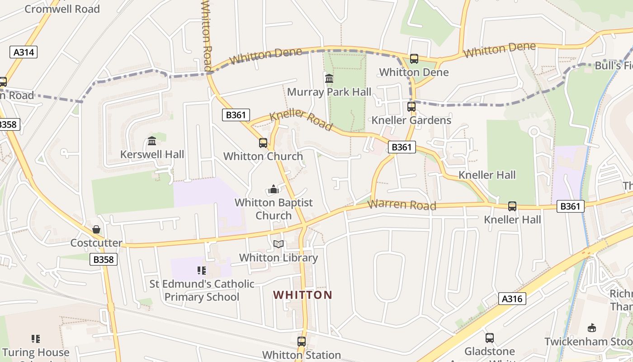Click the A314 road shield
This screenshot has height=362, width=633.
24,52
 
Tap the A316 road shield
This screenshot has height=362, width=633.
512,299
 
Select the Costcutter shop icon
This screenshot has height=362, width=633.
96,229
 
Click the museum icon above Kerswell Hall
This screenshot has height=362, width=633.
152,141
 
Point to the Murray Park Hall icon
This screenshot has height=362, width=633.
329,79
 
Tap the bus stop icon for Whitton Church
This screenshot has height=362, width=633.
263,143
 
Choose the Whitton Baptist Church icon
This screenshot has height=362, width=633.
274,189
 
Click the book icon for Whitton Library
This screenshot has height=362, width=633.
279,244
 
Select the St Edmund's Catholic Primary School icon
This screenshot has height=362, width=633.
202,271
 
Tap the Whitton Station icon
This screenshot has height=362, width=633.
302,342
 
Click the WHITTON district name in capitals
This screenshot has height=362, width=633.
302,295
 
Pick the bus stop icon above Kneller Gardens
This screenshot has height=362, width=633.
411,107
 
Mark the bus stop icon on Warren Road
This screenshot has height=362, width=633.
512,206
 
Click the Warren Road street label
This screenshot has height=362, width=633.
402,205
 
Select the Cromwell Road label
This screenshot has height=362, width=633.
62,9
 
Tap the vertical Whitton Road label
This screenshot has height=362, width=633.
206,34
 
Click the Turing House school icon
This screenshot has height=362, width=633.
36,338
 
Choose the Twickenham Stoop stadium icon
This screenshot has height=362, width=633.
591,328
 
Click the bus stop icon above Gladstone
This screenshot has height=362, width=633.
490,338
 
